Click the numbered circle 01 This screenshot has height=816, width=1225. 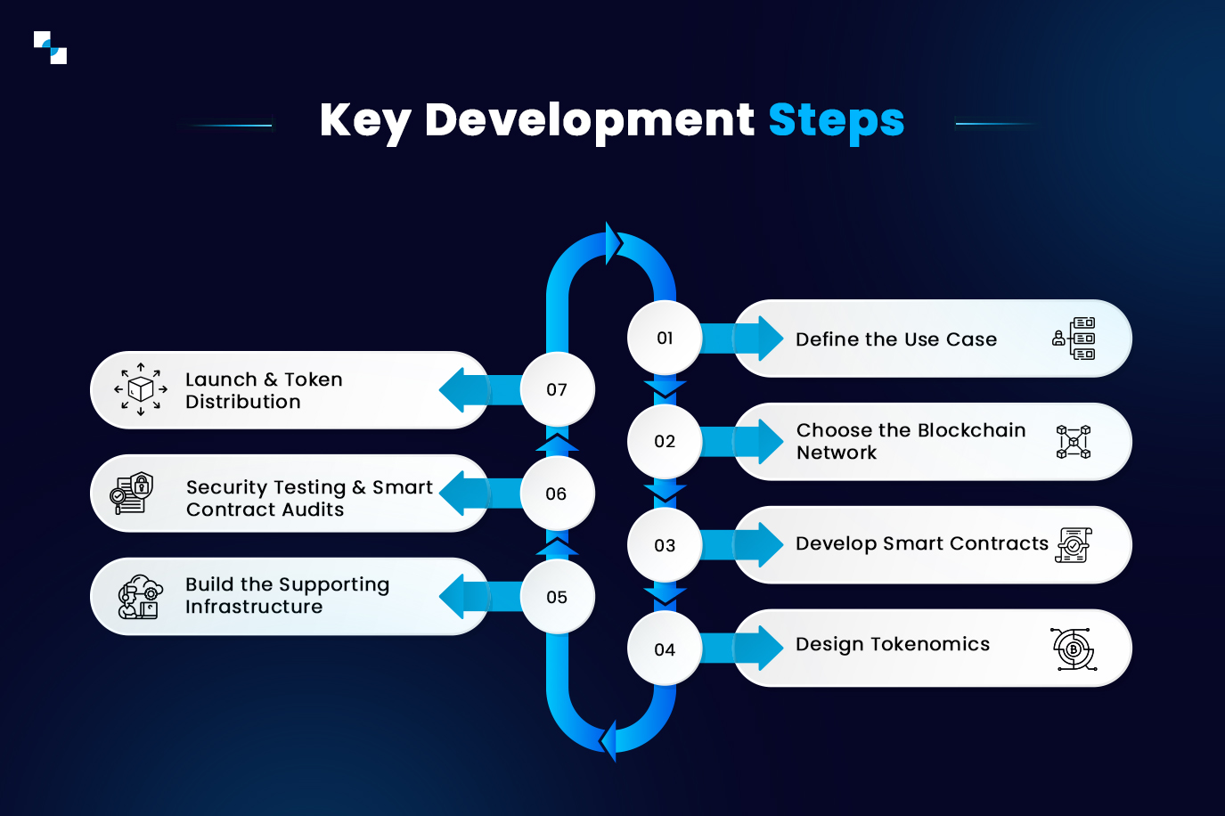click(665, 338)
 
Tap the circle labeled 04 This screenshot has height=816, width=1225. click(665, 649)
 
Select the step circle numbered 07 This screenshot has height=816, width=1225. click(557, 389)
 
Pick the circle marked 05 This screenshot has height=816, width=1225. click(557, 597)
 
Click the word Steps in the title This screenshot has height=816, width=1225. click(836, 120)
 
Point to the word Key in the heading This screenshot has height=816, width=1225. click(364, 120)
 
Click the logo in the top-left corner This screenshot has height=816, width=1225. click(51, 48)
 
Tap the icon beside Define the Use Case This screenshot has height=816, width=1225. click(1074, 339)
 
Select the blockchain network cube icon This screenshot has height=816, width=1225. click(1074, 442)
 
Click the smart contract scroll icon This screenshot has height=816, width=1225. click(1074, 545)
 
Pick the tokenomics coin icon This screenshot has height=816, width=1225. click(1074, 649)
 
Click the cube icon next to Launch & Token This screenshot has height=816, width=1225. click(141, 389)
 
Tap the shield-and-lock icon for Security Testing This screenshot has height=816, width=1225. click(132, 493)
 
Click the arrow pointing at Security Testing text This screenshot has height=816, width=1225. click(468, 494)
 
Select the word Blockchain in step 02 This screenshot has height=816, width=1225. click(972, 430)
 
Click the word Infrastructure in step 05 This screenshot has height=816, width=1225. click(254, 607)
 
